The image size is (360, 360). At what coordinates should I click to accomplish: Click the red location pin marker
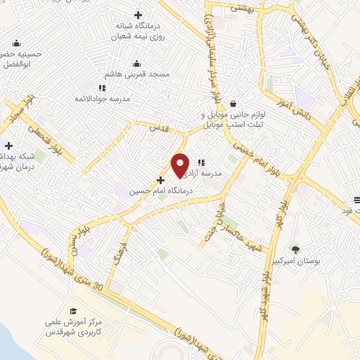click(x=181, y=164)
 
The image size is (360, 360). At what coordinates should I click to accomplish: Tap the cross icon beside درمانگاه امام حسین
click(x=161, y=180)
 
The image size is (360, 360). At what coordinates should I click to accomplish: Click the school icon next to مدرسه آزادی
click(x=201, y=162)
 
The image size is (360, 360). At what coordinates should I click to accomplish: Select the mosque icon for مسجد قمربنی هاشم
click(x=136, y=63)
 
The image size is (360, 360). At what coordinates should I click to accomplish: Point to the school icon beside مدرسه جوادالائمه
click(x=102, y=89)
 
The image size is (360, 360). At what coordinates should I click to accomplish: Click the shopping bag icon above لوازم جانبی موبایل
click(x=233, y=103)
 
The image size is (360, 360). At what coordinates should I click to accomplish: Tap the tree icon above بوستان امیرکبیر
click(x=295, y=249)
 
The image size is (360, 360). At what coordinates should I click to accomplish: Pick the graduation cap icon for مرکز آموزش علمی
click(x=73, y=310)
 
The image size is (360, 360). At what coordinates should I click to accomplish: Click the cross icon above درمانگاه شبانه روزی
click(x=138, y=15)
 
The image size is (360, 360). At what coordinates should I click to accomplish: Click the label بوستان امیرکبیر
click(x=296, y=261)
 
